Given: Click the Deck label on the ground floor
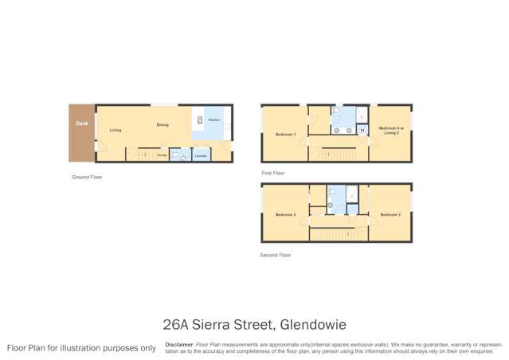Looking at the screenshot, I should tap(81, 123).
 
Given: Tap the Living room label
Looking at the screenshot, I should tap(116, 130).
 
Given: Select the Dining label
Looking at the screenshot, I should tap(162, 125).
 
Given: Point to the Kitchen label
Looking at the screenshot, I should tap(213, 119).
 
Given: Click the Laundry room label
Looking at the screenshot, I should tap(201, 155).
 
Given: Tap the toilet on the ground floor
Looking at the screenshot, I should tap(175, 155).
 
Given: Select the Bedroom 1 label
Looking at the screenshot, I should tap(285, 134).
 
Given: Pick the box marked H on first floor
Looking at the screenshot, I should tap(362, 130).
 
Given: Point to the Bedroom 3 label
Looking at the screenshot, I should tap(285, 215).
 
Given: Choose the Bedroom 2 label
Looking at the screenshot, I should tap(390, 215).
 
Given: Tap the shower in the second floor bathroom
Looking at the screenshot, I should tap(351, 194).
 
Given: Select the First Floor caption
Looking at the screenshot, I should tap(272, 173).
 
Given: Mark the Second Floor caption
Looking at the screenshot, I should tap(275, 255).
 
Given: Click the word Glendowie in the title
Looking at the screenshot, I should tap(311, 324).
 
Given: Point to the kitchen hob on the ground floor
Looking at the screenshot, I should tap(198, 120).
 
